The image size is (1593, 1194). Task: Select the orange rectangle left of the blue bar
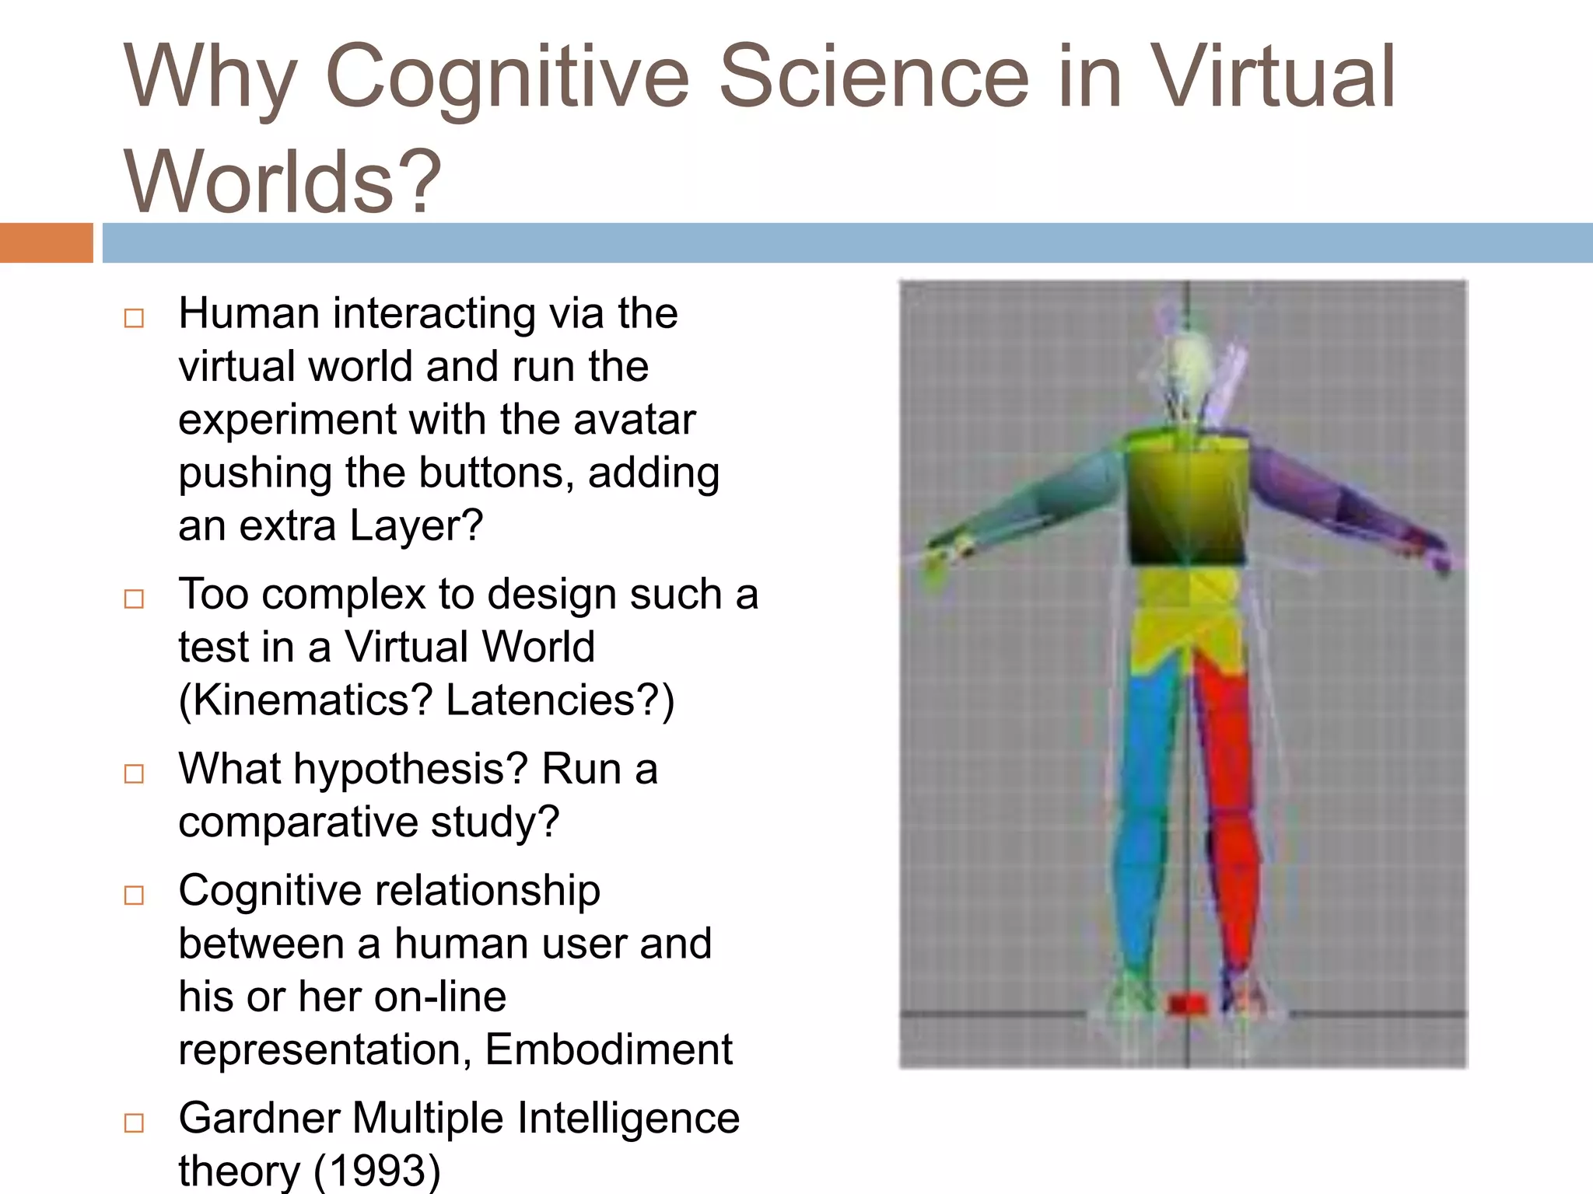pyautogui.click(x=46, y=243)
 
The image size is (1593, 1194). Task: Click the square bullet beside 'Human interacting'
pyautogui.click(x=135, y=318)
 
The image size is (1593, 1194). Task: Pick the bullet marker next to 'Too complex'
pyautogui.click(x=135, y=599)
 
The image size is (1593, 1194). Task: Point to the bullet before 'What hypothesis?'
pyautogui.click(x=135, y=773)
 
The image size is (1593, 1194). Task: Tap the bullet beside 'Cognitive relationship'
pyautogui.click(x=135, y=895)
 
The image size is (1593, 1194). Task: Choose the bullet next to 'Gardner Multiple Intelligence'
pyautogui.click(x=135, y=1122)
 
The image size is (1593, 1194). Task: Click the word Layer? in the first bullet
pyautogui.click(x=416, y=526)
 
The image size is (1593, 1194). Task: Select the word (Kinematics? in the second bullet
pyautogui.click(x=305, y=700)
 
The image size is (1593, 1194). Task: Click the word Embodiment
pyautogui.click(x=608, y=1049)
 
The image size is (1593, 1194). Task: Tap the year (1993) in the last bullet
pyautogui.click(x=377, y=1171)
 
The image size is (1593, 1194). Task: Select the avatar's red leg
pyautogui.click(x=1233, y=816)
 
